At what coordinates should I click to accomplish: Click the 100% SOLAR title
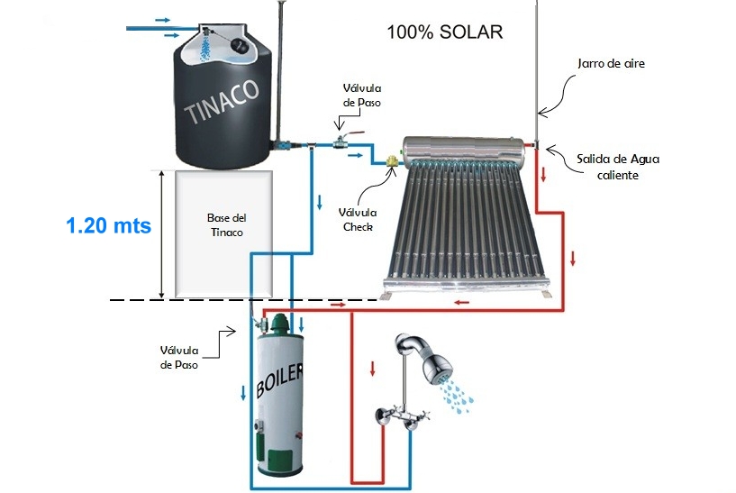pos(444,32)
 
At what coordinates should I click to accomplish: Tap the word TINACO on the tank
pos(221,100)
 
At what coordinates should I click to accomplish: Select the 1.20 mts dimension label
pos(108,225)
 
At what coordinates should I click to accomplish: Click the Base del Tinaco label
pos(226,225)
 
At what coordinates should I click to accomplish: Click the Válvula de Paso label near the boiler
pos(178,357)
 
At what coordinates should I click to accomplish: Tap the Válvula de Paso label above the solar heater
pos(361,95)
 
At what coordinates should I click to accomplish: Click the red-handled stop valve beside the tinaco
pos(341,140)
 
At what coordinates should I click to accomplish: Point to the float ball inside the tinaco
pos(241,45)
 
